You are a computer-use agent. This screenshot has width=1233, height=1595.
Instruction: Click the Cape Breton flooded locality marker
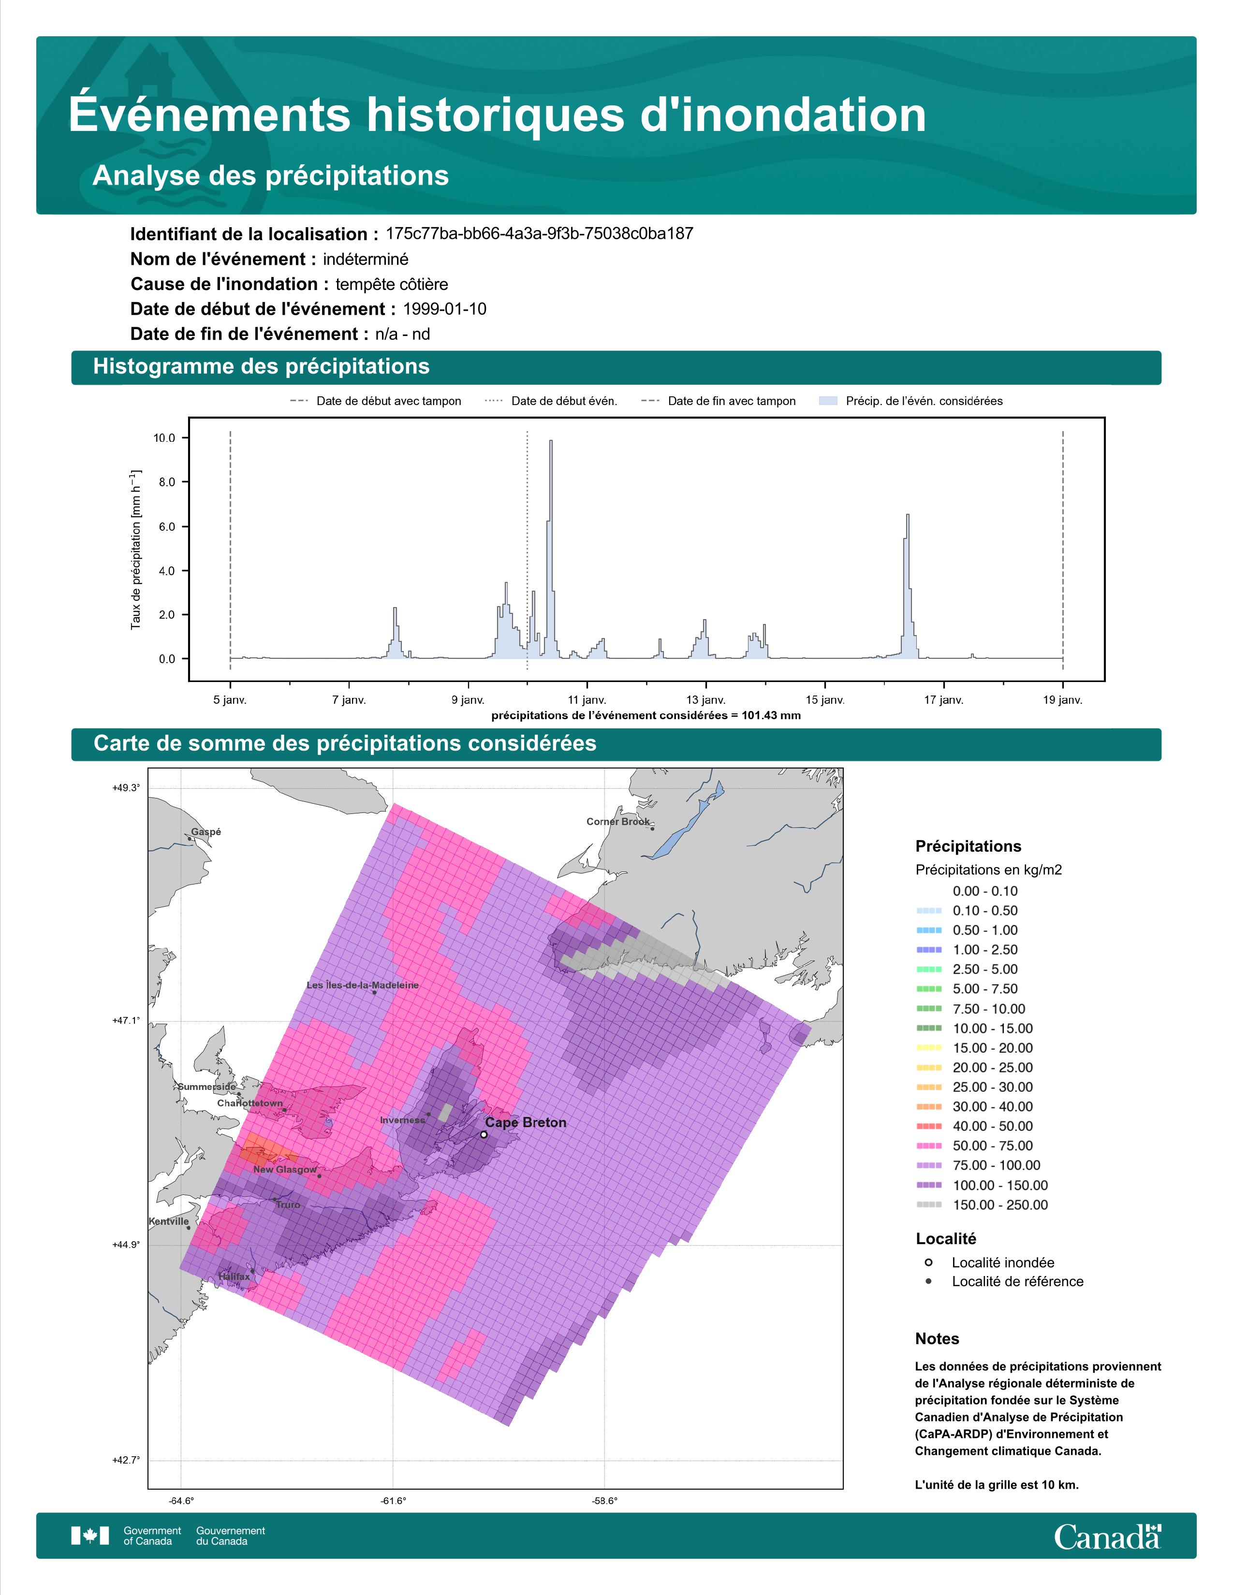[484, 1134]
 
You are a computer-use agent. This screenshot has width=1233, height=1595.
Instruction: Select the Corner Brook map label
[618, 822]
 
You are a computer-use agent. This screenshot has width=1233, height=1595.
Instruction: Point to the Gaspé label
[206, 832]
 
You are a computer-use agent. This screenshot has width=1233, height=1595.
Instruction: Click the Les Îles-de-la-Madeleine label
[363, 985]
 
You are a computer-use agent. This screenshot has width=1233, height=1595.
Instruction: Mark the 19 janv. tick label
[1063, 700]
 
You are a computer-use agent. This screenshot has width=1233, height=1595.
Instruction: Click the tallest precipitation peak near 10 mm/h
[551, 441]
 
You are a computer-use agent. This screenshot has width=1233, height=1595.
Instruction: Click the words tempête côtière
[392, 284]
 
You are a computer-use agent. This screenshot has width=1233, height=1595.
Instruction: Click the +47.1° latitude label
[126, 1020]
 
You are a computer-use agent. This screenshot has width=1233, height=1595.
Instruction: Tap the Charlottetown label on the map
[250, 1103]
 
